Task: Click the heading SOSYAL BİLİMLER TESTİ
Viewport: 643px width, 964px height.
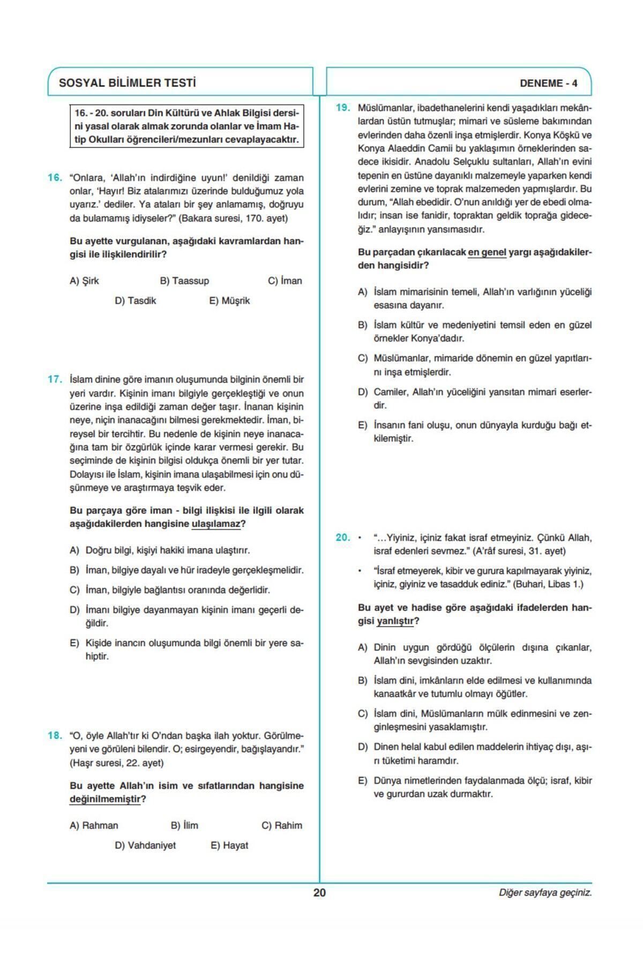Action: coord(127,83)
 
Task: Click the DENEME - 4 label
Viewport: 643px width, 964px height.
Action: coord(548,84)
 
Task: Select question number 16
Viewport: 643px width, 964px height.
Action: coord(55,178)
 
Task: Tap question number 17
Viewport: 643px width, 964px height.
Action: coord(55,380)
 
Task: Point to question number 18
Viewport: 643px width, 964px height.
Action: coord(55,735)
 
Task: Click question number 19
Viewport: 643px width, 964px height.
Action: coord(343,108)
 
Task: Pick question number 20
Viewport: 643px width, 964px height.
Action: coord(343,538)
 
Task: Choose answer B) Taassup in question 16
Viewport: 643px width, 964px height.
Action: coord(184,281)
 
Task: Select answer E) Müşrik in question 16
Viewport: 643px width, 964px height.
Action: coord(229,301)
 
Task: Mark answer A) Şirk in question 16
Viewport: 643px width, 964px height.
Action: coord(84,281)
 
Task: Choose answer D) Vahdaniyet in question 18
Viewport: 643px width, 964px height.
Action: coord(145,845)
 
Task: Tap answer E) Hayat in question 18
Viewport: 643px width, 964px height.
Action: coord(229,845)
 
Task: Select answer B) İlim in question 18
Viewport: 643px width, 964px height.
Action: coord(184,825)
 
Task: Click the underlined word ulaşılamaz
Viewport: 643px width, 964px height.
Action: coord(215,524)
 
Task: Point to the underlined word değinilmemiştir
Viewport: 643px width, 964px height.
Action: coord(105,799)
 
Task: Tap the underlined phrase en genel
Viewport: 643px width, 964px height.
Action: coord(487,252)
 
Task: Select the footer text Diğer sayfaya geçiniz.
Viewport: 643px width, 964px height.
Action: coord(545,893)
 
